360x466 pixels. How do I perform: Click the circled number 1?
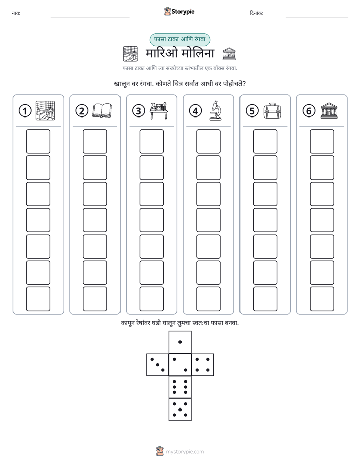coord(25,111)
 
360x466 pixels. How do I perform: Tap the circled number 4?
coord(195,111)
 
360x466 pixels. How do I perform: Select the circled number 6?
coord(309,111)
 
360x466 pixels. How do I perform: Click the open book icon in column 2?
coord(102,110)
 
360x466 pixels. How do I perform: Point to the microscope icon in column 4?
coord(215,110)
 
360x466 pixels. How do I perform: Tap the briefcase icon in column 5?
coord(272,111)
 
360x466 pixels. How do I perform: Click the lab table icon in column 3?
coord(159,110)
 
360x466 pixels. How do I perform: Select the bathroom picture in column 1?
coord(45,110)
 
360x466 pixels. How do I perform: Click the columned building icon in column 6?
coord(329,110)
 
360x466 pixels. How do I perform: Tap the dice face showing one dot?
coord(180,342)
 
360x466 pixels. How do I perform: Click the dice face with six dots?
coord(180,387)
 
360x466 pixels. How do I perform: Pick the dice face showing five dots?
coord(180,410)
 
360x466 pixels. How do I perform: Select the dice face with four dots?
coord(203,365)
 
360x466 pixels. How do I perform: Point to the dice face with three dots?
coord(158,365)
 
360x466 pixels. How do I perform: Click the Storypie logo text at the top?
coord(183,12)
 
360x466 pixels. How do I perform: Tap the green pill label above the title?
coord(179,39)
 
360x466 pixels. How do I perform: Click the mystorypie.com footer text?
coord(185,452)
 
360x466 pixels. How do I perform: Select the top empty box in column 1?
coord(38,141)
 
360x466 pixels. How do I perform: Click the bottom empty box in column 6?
coord(322,299)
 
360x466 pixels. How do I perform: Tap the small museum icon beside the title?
coord(229,53)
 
